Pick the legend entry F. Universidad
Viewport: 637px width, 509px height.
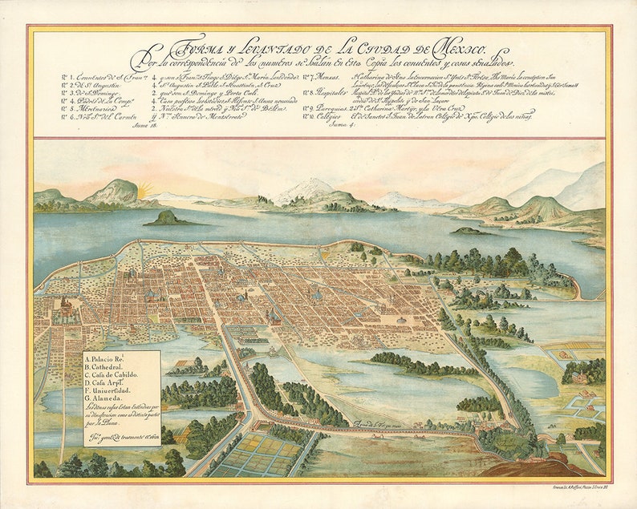coord(114,392)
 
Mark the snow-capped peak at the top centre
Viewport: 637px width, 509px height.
coord(308,190)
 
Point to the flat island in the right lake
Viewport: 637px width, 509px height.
coord(468,231)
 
